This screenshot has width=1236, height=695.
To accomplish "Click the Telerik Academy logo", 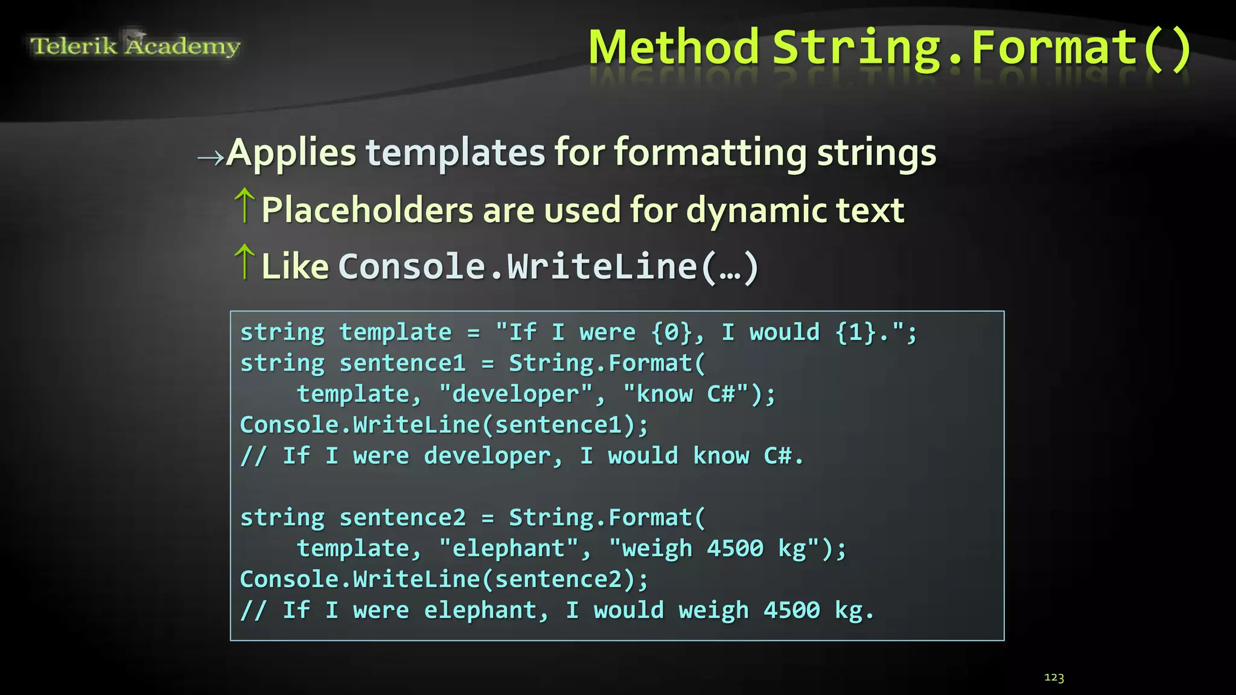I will tap(135, 45).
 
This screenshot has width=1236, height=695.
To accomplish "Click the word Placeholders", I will tap(367, 211).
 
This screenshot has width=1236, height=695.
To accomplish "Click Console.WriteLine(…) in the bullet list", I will tap(547, 267).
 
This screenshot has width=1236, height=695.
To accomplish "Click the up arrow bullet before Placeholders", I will tap(244, 205).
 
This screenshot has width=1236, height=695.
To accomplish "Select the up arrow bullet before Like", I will tap(244, 262).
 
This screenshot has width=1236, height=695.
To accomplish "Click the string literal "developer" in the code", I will tap(516, 395).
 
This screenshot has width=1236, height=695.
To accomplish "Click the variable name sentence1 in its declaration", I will tap(403, 364).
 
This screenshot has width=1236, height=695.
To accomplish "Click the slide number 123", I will tap(1054, 678).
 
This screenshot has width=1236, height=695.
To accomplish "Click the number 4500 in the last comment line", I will tap(792, 611).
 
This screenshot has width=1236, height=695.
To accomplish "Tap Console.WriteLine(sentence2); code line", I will tap(444, 580).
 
